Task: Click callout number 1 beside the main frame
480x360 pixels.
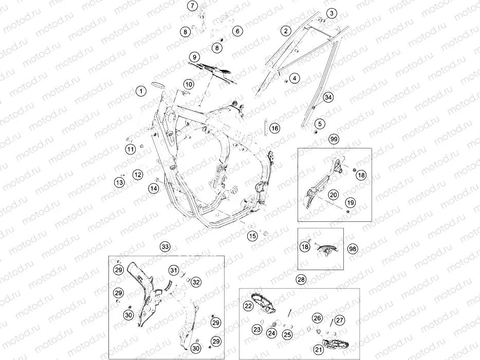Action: [x=141, y=91]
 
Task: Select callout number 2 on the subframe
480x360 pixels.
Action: [x=286, y=31]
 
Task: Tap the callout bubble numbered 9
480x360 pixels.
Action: [x=194, y=57]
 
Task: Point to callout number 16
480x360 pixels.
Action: [x=275, y=128]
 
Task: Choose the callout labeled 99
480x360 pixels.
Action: [x=334, y=139]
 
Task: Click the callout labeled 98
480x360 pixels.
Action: [x=353, y=249]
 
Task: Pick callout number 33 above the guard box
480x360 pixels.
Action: [x=165, y=247]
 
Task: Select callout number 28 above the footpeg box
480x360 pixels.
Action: [x=301, y=279]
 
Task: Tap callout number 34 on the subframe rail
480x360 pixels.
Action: [x=328, y=98]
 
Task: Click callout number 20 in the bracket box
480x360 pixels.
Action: [x=334, y=195]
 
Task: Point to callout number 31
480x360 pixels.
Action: [x=174, y=270]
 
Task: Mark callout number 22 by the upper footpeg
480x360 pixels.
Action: [x=248, y=306]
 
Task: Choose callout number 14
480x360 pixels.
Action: [x=154, y=188]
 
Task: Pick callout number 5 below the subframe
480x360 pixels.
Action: [x=320, y=124]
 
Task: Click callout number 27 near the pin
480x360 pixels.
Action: [x=340, y=320]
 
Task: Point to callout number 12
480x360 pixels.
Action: [x=138, y=175]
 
